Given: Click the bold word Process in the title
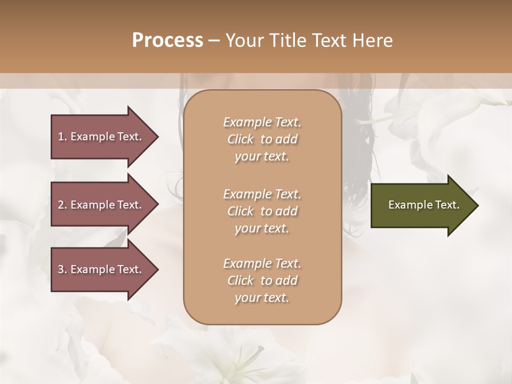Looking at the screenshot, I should point(167,41).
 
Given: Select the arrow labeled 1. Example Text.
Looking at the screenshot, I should point(101,137).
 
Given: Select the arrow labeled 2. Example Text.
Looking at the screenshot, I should point(101,205).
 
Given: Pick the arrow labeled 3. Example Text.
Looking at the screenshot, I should point(101,269).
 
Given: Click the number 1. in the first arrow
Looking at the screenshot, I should point(62,137).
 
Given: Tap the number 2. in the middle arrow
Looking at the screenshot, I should point(62,205).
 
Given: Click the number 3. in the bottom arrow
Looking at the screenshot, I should point(62,269).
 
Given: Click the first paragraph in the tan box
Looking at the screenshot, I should point(262,139).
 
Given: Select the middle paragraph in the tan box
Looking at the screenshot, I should point(262,211).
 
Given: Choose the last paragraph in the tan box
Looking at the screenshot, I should point(262,281).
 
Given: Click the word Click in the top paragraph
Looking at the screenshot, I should point(241,140).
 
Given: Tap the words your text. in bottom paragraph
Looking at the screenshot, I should point(262,298).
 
